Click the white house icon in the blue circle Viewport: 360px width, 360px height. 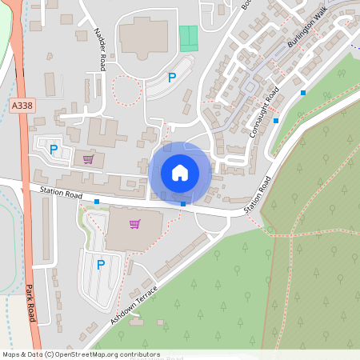tap(180, 172)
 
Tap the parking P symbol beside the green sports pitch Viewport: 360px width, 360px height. tap(171, 78)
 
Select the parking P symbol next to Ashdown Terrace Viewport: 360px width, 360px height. tap(101, 264)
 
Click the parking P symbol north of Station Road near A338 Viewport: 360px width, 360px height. tap(54, 149)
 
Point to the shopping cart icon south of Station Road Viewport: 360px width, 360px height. tap(134, 223)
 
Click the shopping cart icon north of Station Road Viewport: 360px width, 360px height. tap(88, 159)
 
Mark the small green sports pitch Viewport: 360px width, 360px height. tap(188, 38)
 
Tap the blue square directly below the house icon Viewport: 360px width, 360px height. tap(183, 204)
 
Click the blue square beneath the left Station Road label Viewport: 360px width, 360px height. tap(97, 202)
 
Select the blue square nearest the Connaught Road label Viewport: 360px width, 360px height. tap(276, 120)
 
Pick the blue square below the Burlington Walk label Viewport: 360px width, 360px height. tap(303, 93)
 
